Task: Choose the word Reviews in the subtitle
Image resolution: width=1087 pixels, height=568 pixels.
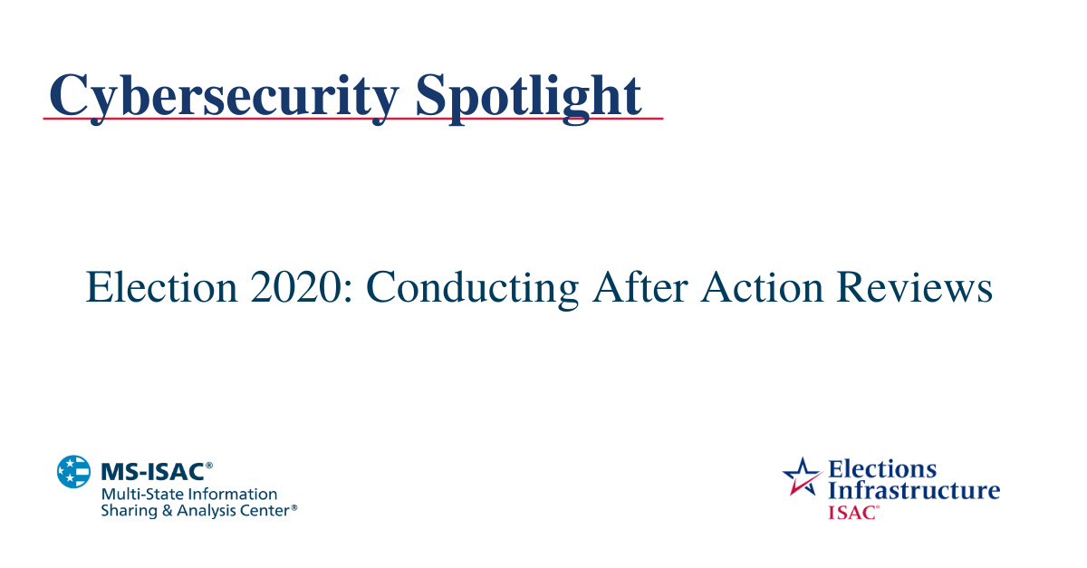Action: pos(915,288)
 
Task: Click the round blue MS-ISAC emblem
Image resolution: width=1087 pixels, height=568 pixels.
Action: pos(73,471)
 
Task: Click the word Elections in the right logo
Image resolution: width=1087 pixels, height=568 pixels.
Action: pos(882,469)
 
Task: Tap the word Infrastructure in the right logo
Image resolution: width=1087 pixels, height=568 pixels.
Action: pos(914,491)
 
